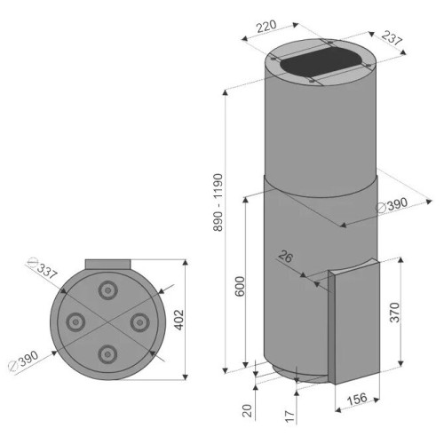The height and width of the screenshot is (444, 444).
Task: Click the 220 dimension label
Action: tap(266, 27)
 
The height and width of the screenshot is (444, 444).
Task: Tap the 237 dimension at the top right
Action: tap(392, 37)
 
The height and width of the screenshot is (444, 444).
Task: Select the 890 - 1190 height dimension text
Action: tap(218, 202)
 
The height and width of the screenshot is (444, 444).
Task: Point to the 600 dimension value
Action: tap(240, 286)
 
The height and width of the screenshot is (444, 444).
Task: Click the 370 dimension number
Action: tap(394, 312)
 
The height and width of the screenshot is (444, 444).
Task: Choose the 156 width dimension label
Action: tap(357, 399)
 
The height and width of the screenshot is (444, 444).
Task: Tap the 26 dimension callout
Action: tap(286, 257)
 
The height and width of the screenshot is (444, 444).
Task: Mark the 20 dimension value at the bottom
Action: tap(247, 410)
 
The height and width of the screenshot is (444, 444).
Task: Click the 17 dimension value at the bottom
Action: tap(290, 416)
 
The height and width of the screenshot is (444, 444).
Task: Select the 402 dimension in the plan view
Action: tap(178, 320)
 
